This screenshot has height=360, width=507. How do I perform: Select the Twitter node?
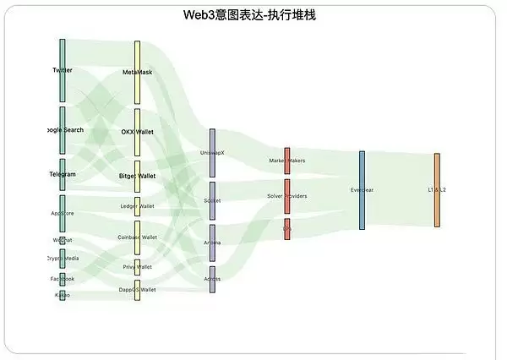[63, 70]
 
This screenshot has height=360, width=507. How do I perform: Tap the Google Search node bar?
[63, 129]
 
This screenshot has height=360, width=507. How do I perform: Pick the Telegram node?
[63, 174]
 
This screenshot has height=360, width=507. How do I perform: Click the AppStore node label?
[63, 213]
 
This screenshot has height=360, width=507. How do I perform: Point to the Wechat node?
[63, 240]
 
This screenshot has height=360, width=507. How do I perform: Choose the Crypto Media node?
[63, 259]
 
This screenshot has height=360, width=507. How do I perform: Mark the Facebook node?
[63, 278]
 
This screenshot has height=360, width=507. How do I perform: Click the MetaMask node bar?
[138, 73]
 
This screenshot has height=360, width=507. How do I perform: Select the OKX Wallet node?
[138, 132]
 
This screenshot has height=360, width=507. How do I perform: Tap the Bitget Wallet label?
[138, 176]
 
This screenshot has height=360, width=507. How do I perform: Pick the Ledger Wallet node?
[138, 205]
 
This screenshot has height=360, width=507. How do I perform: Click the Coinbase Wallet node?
[138, 237]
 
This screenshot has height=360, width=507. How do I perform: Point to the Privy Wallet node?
[138, 267]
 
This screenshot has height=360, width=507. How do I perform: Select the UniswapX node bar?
[212, 152]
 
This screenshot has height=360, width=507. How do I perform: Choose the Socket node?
[212, 200]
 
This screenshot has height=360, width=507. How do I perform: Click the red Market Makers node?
[287, 160]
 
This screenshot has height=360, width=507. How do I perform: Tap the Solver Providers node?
[287, 196]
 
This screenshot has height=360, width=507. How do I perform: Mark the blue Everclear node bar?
[362, 190]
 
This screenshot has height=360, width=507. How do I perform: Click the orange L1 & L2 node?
[437, 190]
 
